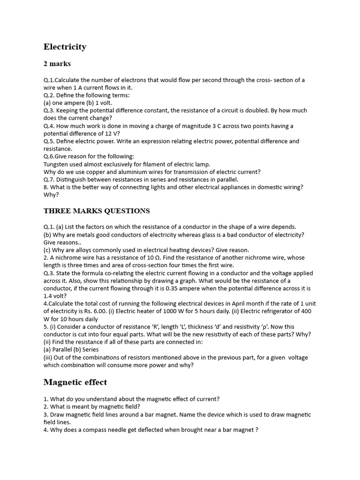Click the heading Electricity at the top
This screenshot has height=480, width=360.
point(65,46)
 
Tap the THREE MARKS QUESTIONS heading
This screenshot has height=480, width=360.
point(97,211)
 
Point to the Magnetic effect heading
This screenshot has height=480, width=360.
point(75,382)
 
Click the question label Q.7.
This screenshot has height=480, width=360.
point(49,180)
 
